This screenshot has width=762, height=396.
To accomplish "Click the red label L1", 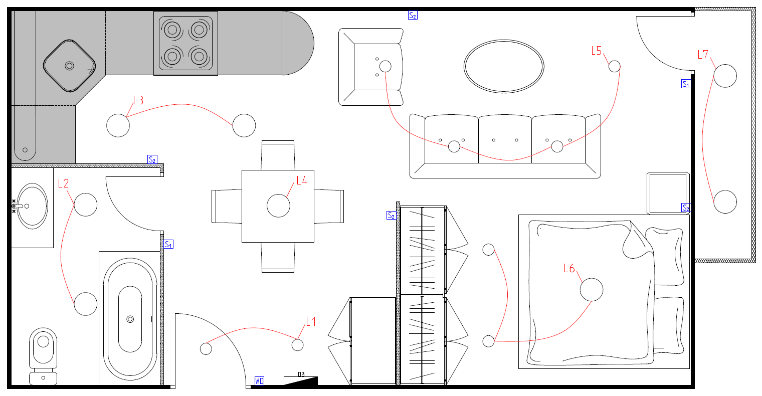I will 311,322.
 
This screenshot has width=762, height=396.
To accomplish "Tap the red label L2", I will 63,183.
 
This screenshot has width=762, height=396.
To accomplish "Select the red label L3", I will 138,100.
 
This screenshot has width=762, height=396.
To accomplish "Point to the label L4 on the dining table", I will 301,180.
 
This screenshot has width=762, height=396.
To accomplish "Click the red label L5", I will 596,51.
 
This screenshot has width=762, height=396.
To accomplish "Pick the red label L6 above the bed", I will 569,269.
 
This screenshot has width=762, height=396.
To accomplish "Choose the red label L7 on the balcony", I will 703,54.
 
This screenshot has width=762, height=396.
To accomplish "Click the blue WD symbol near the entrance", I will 259,381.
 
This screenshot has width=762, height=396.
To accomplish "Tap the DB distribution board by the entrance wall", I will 301,379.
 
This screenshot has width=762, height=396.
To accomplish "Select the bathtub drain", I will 130,319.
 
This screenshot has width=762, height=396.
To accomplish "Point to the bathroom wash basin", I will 31,206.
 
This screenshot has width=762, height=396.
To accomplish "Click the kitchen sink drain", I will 69,65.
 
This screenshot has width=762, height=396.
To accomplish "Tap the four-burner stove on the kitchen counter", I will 185,43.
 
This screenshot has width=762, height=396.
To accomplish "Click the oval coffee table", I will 503,66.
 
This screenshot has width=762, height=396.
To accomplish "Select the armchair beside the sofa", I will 371,67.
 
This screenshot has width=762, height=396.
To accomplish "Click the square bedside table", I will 668,193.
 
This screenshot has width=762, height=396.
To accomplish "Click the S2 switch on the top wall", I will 413,15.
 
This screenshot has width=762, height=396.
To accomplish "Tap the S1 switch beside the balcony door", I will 686,84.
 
